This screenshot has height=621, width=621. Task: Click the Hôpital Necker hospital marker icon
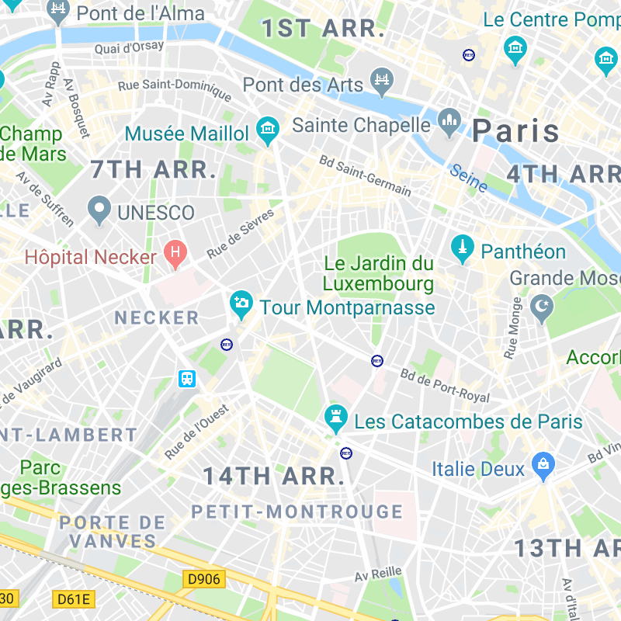[x=175, y=252]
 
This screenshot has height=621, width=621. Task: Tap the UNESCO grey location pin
[x=99, y=210]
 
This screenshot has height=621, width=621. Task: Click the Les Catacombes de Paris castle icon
[x=335, y=418]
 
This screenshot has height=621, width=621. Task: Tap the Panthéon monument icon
[x=463, y=248]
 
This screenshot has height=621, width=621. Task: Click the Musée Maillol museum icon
[x=268, y=129]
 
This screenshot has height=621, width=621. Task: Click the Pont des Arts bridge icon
[x=383, y=81]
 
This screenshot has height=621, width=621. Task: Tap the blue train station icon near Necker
[x=187, y=378]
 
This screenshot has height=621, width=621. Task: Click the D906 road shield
[x=204, y=578]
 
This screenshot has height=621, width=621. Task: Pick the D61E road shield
[x=74, y=598]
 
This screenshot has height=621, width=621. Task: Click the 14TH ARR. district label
[x=273, y=476]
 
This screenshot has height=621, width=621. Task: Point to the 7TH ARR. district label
[x=153, y=169]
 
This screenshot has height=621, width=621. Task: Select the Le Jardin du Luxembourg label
[x=378, y=273]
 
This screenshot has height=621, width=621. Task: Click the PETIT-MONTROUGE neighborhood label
[x=297, y=512]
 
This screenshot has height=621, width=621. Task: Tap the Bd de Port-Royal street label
[x=445, y=385]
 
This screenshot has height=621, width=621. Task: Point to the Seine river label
[x=469, y=178]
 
